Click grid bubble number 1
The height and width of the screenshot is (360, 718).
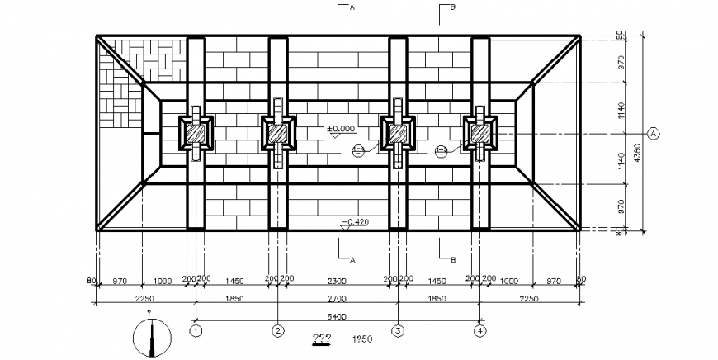pyautogui.click(x=196, y=331)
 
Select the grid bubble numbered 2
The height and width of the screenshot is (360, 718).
pyautogui.click(x=278, y=331)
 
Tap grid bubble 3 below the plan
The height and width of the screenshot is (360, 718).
pyautogui.click(x=398, y=331)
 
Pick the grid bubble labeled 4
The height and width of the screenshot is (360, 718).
pyautogui.click(x=479, y=331)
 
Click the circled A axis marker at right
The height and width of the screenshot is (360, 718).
pyautogui.click(x=654, y=132)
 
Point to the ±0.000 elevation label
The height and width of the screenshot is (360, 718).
pyautogui.click(x=340, y=129)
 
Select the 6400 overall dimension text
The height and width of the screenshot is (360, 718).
pyautogui.click(x=336, y=316)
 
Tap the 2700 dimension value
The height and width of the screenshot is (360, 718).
pyautogui.click(x=338, y=298)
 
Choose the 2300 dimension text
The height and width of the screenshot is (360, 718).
pyautogui.click(x=338, y=282)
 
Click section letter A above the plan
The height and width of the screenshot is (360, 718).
pyautogui.click(x=352, y=7)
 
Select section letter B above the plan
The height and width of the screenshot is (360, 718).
pyautogui.click(x=453, y=7)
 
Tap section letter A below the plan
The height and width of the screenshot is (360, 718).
pyautogui.click(x=352, y=259)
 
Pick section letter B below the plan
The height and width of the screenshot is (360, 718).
pyautogui.click(x=453, y=259)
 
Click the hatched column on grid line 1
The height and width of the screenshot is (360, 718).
pyautogui.click(x=196, y=133)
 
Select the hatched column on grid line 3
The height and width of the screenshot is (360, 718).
pyautogui.click(x=398, y=133)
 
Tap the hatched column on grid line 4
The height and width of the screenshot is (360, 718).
pyautogui.click(x=479, y=133)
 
